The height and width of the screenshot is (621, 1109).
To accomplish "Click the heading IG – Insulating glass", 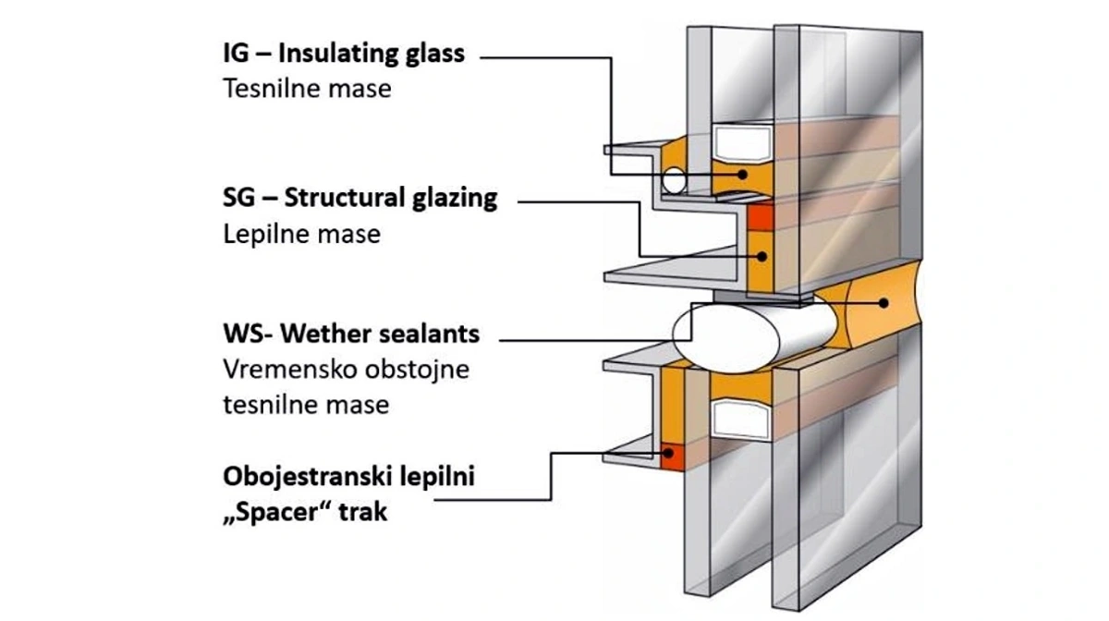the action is (344, 54).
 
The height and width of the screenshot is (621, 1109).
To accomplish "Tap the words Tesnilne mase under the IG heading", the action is (308, 89).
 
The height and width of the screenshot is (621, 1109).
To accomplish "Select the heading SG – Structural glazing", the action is (360, 198).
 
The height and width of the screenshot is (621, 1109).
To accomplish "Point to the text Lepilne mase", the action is (302, 234).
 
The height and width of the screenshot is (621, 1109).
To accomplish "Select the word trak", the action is (363, 512).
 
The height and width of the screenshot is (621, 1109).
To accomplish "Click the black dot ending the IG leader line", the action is (742, 175).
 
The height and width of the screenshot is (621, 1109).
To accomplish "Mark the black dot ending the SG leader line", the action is (762, 257).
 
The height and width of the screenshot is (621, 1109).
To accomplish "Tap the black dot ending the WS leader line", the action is (884, 303).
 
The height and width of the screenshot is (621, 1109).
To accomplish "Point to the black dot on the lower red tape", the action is (668, 453).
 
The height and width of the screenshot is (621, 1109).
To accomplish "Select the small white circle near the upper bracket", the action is (675, 180).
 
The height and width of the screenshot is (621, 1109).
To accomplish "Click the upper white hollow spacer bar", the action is (743, 143).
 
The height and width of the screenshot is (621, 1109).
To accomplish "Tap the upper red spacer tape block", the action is (761, 216).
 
